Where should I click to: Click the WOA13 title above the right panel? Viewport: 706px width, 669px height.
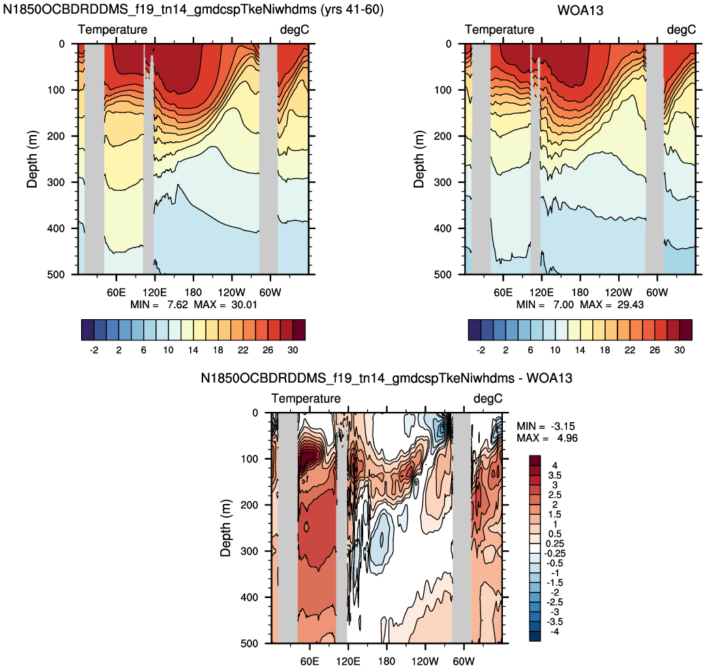[x=580, y=10]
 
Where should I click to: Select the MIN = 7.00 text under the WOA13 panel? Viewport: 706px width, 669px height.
[x=544, y=305]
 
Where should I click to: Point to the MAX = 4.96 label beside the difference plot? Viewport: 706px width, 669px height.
[x=547, y=438]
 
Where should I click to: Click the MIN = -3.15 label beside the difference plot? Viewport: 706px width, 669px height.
[x=546, y=426]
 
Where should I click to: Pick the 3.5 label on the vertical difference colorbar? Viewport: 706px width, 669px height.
[x=554, y=475]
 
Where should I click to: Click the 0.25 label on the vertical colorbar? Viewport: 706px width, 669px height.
[x=555, y=544]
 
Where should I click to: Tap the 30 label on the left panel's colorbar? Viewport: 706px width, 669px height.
[x=292, y=350]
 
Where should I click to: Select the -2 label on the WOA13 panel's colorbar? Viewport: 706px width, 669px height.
[x=480, y=350]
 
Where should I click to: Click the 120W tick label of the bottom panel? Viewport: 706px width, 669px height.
[x=425, y=661]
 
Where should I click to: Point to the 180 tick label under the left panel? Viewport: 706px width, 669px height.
[x=193, y=293]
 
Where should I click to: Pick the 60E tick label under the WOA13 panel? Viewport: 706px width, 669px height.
[x=502, y=293]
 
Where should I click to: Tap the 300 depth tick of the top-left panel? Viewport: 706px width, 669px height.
[x=56, y=182]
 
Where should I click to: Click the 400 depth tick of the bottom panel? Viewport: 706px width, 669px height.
[x=249, y=597]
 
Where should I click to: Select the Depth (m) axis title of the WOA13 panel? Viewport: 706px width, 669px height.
[x=419, y=159]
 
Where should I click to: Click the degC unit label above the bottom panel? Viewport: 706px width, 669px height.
[x=488, y=399]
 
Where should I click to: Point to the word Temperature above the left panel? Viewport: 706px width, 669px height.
[x=112, y=30]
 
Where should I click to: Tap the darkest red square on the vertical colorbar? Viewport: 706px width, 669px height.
[x=535, y=460]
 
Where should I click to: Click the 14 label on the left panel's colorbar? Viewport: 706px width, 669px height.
[x=193, y=350]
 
